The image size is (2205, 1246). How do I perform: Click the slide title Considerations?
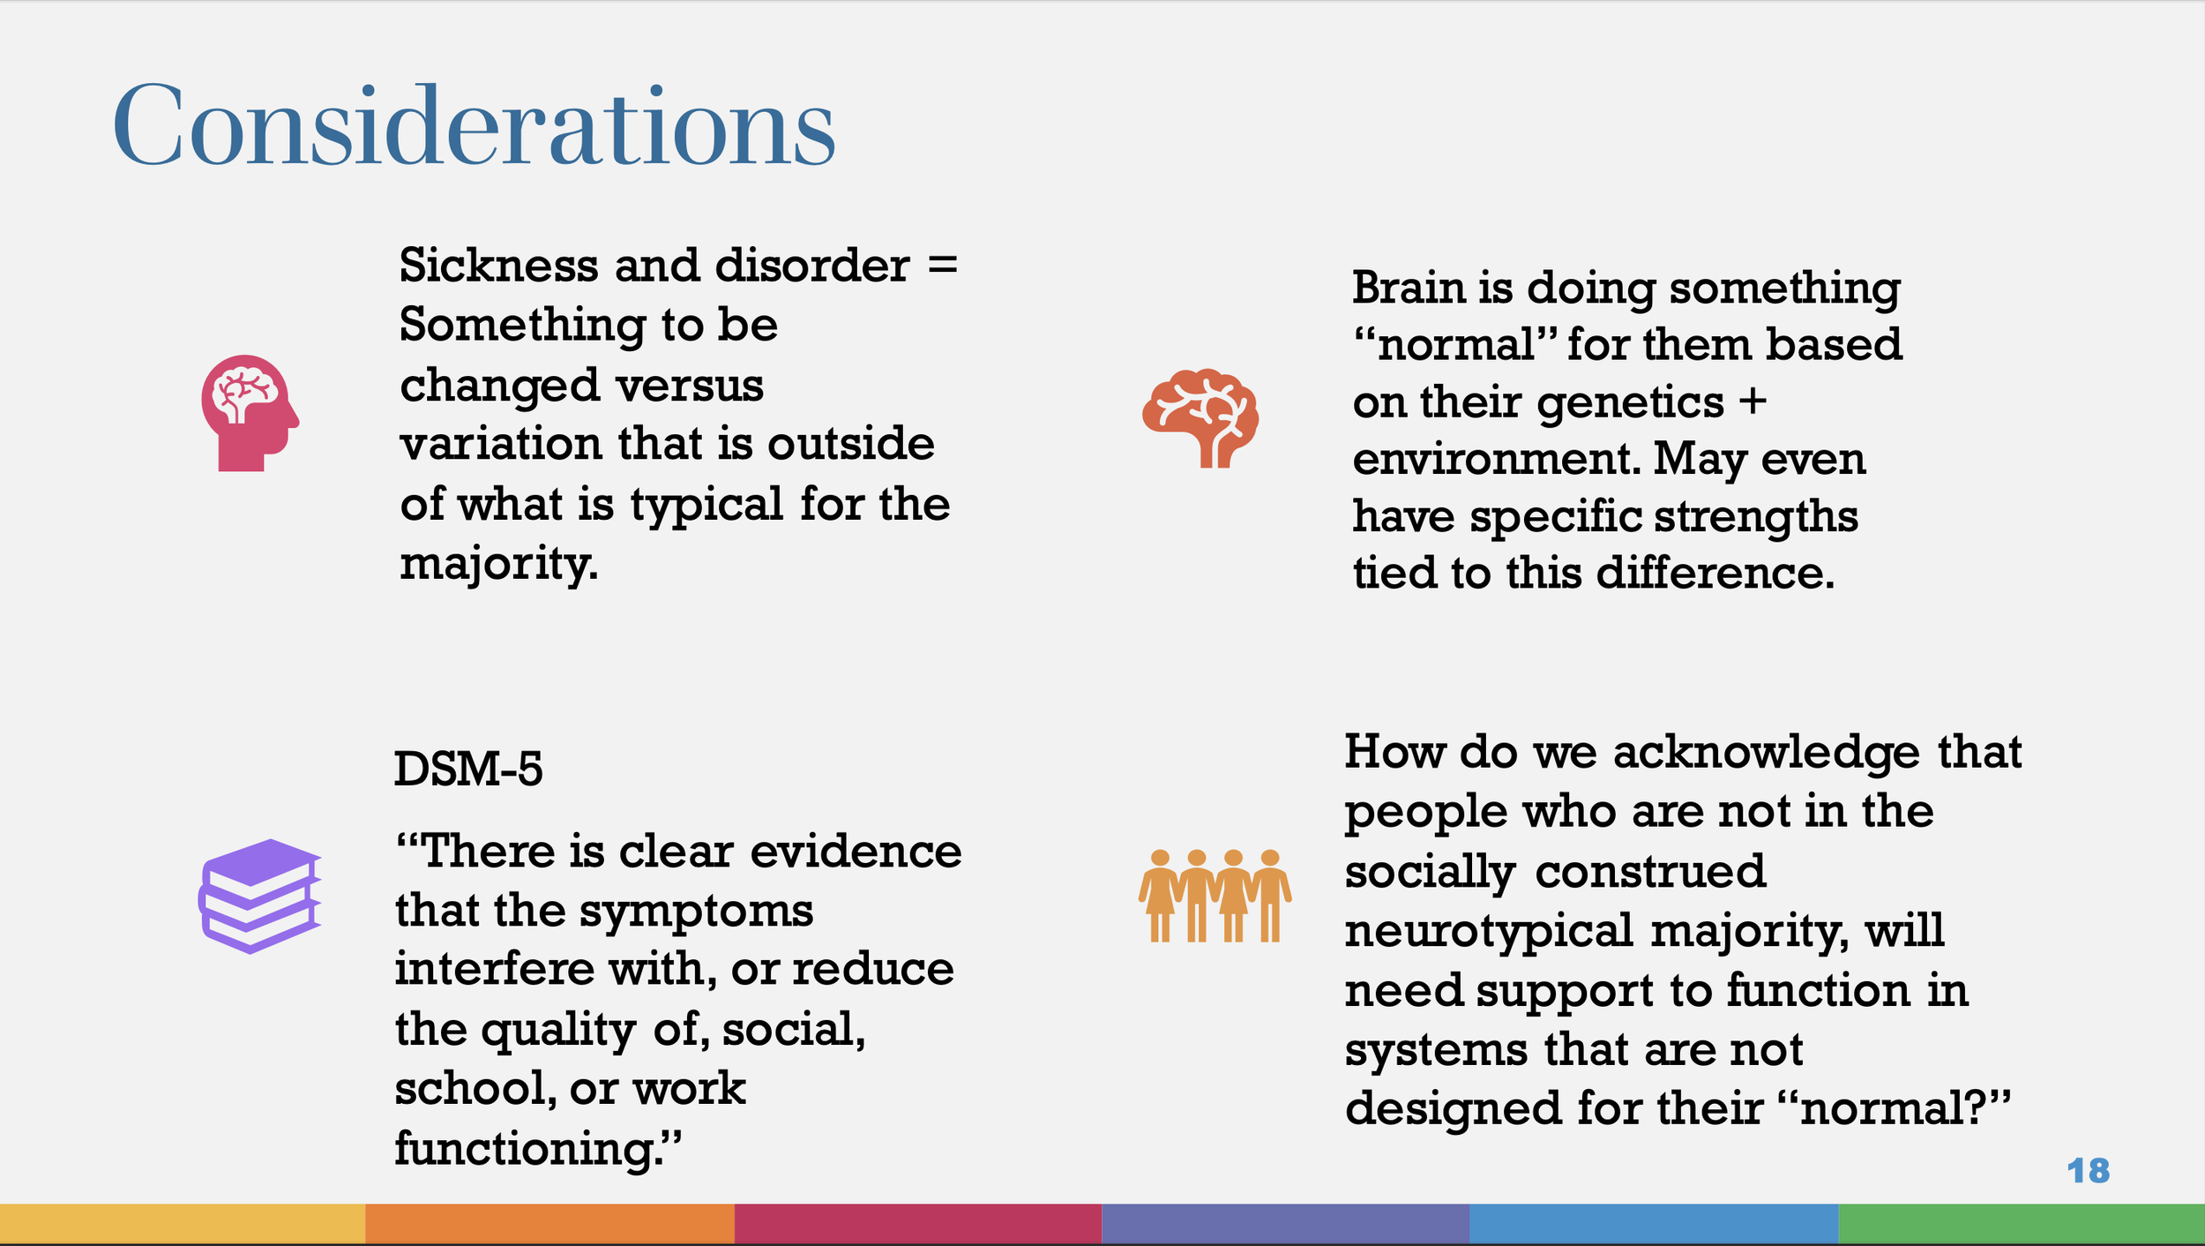(474, 126)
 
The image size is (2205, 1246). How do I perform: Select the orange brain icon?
(1201, 418)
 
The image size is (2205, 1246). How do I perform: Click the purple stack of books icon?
(259, 896)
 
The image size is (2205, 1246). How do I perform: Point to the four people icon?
(1215, 896)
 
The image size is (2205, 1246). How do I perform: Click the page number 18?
(2088, 1171)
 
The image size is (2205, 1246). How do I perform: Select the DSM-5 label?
(467, 769)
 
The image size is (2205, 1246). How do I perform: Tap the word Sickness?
(498, 266)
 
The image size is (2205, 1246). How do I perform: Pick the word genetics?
(1630, 404)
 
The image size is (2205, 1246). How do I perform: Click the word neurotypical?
(1489, 931)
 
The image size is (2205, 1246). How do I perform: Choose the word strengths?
(1755, 516)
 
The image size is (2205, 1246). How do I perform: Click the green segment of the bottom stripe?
(2021, 1223)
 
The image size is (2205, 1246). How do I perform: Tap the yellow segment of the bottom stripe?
(183, 1223)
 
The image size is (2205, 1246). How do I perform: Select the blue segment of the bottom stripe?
(1654, 1223)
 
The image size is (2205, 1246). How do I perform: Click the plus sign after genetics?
(1753, 402)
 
